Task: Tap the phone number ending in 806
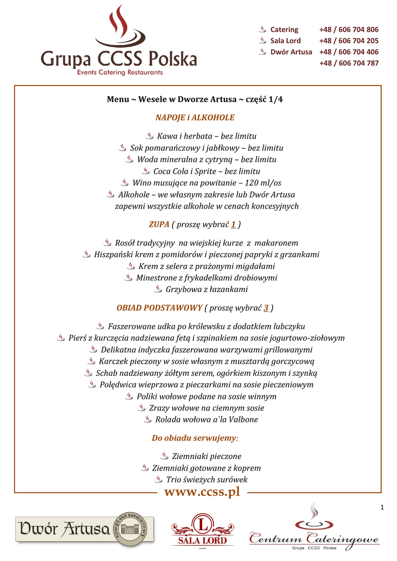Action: click(349, 30)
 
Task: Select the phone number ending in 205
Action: click(349, 41)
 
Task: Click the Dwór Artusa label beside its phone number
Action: click(291, 52)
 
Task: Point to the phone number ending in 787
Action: click(349, 63)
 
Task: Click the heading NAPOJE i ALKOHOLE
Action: click(195, 117)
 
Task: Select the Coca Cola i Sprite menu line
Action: click(199, 171)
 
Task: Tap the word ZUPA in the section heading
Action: click(159, 225)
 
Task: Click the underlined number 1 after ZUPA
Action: click(233, 225)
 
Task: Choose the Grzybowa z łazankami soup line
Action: click(206, 289)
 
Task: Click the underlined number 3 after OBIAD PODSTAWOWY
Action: click(266, 308)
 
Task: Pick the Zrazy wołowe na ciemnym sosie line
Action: click(206, 408)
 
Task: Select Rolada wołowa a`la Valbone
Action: click(206, 420)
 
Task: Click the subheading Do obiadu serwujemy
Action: click(194, 438)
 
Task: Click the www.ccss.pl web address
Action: click(202, 492)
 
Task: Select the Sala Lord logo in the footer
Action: click(203, 531)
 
